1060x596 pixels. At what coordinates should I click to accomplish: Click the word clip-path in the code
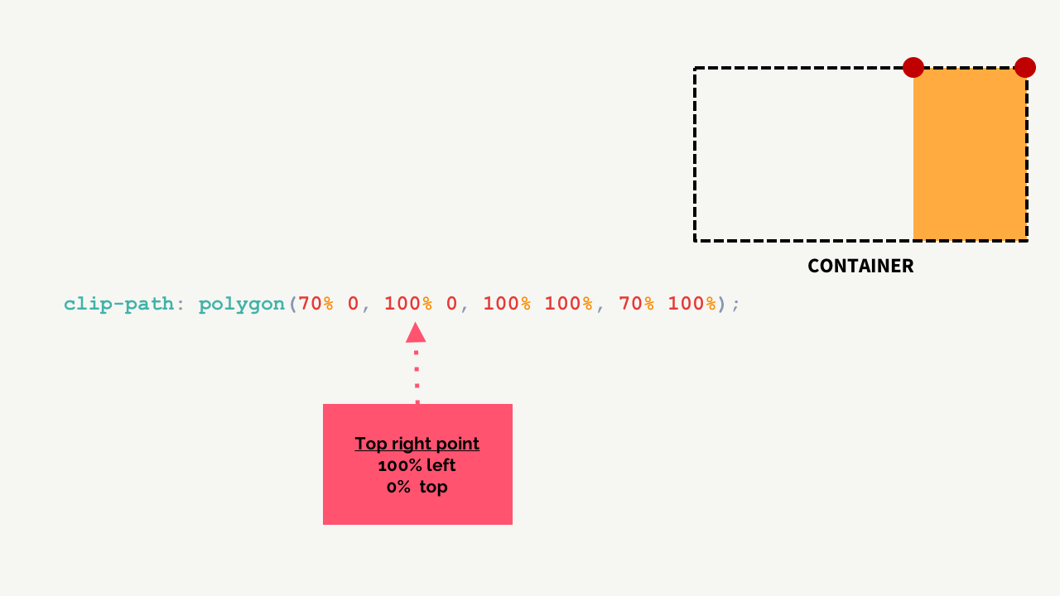click(x=118, y=304)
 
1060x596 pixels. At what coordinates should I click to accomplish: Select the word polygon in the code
click(x=241, y=304)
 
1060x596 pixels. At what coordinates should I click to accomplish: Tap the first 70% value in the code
click(x=316, y=304)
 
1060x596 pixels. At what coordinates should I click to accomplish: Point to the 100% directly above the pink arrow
click(x=408, y=304)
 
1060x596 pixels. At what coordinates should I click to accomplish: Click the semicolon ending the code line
click(x=736, y=304)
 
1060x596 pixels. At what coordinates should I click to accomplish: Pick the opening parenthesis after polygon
click(x=291, y=304)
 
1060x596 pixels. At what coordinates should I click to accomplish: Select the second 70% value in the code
click(x=636, y=304)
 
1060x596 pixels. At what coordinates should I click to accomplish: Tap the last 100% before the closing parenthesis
click(x=691, y=304)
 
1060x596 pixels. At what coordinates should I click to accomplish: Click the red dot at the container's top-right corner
click(x=1025, y=67)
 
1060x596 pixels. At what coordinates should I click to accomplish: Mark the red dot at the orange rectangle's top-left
click(x=913, y=67)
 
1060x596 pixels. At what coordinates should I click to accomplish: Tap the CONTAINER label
click(x=860, y=266)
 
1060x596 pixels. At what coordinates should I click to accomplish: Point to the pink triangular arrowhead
click(x=416, y=333)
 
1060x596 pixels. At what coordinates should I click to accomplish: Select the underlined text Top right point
click(x=417, y=444)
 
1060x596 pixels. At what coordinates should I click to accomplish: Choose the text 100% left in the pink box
click(x=417, y=465)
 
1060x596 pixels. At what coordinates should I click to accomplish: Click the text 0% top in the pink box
click(x=417, y=487)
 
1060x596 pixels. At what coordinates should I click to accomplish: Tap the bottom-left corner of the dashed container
click(x=696, y=240)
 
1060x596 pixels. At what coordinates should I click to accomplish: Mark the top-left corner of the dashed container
click(x=696, y=69)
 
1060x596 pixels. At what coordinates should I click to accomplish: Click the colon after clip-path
click(x=180, y=304)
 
